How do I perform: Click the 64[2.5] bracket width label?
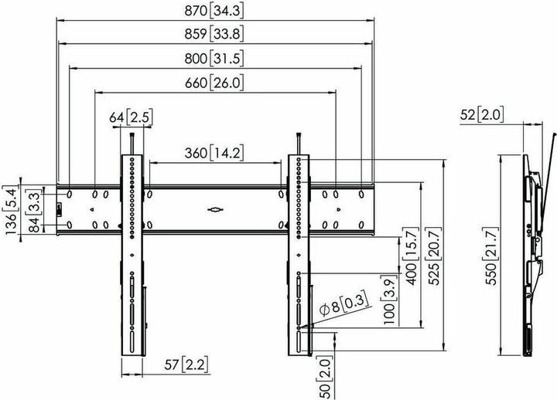[x=130, y=118]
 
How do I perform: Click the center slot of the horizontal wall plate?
[x=214, y=208]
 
